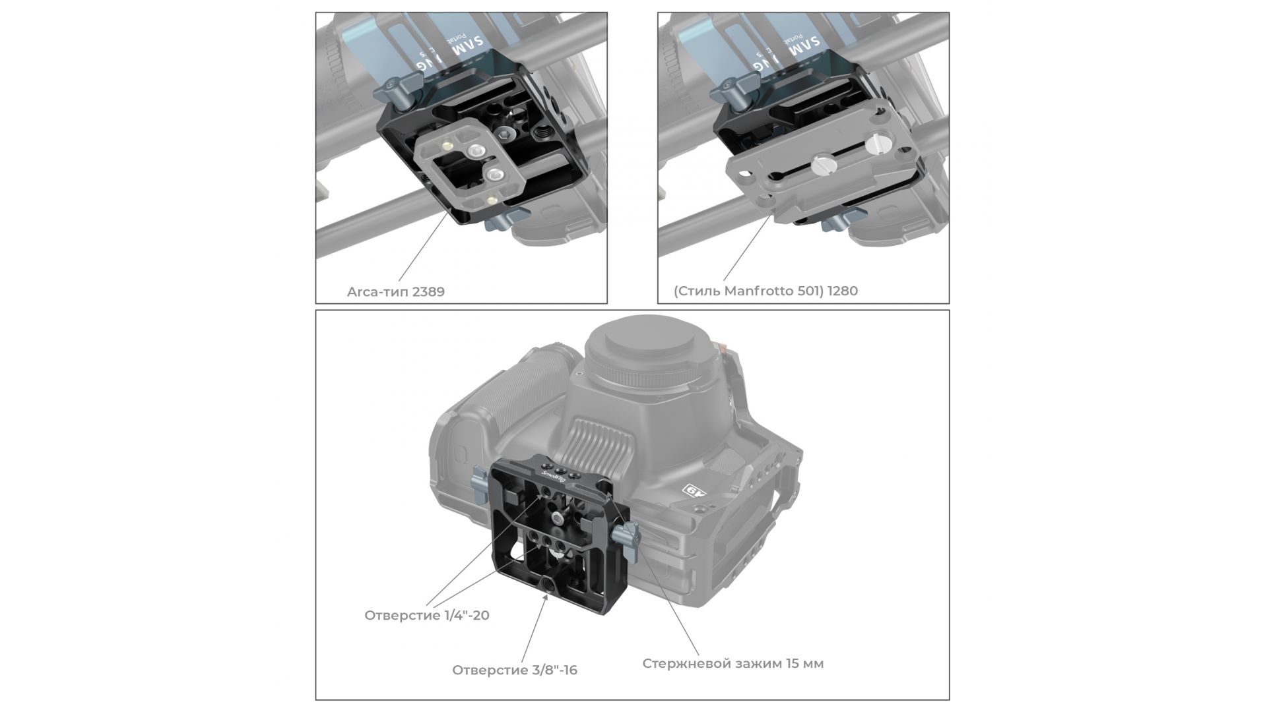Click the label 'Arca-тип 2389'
click(x=396, y=291)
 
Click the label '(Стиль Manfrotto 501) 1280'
click(x=765, y=291)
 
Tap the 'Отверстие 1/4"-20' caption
click(x=427, y=616)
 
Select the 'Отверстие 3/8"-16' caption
click(x=515, y=670)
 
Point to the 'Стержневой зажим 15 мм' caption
click(x=733, y=664)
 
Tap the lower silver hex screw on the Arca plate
click(x=494, y=175)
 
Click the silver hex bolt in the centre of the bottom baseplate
click(x=559, y=519)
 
